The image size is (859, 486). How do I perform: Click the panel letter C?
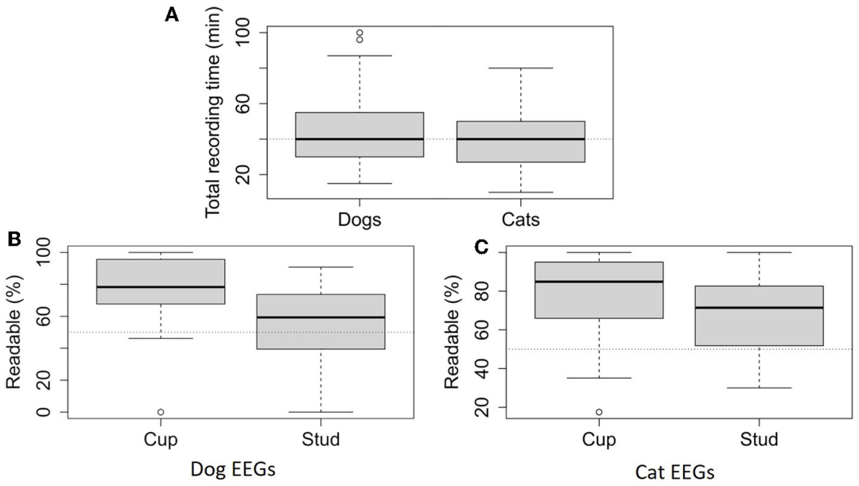pos(480,248)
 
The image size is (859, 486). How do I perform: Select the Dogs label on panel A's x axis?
pos(360,220)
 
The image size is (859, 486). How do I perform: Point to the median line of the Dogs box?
pos(360,139)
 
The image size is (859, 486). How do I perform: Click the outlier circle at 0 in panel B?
pos(161,412)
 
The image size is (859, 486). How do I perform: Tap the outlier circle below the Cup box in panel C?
pos(598,412)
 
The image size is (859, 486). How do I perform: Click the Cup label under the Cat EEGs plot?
pos(598,438)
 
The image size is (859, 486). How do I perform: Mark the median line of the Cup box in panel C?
pos(598,282)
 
